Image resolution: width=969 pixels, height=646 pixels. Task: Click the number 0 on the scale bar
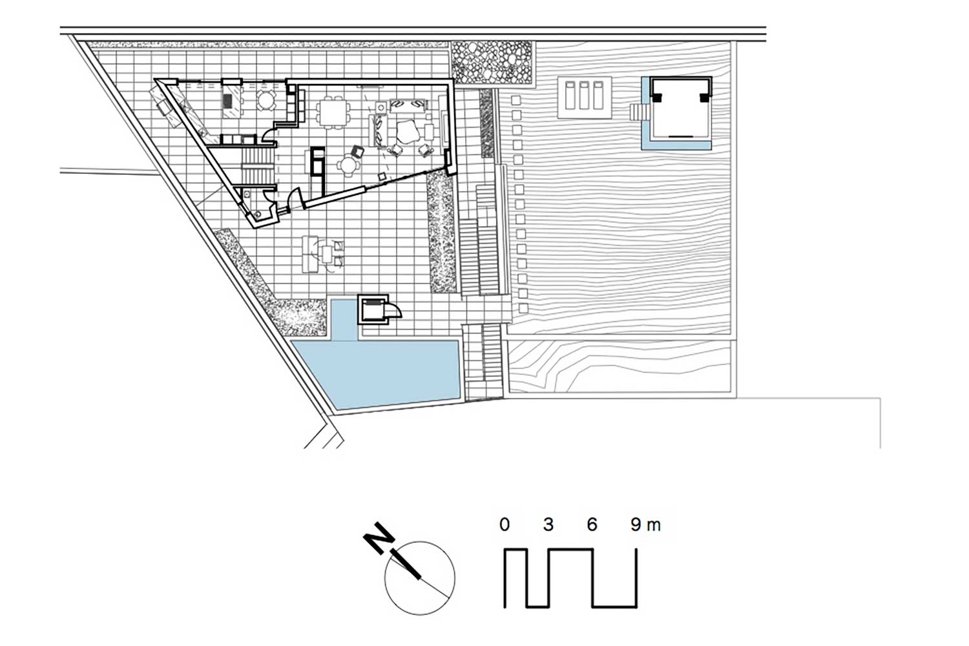tap(504, 525)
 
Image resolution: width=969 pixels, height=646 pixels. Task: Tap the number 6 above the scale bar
tap(592, 525)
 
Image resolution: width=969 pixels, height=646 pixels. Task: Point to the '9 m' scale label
tap(646, 525)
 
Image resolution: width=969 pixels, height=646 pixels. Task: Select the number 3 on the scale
tap(548, 525)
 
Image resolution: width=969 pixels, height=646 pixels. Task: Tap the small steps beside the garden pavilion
tap(636, 112)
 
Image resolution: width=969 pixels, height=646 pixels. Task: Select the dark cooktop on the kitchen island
tap(227, 100)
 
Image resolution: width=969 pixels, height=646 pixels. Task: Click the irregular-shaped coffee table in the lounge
tap(406, 132)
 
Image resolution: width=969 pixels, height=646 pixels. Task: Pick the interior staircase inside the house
tap(258, 167)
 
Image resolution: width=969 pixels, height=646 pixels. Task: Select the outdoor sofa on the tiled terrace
tap(309, 254)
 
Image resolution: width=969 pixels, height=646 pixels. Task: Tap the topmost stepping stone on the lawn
tap(516, 101)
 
